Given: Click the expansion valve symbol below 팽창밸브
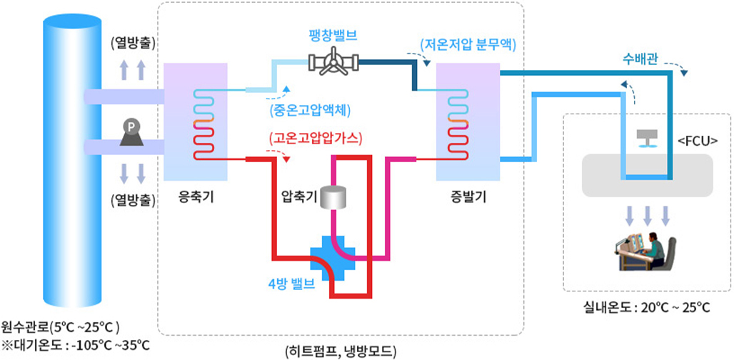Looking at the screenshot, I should (332, 64).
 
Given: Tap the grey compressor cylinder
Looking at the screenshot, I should (332, 198).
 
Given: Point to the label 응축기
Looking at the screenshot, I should (195, 196).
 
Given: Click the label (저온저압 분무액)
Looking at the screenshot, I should (468, 44).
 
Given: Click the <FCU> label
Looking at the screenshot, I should (697, 140).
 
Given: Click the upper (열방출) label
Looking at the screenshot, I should (133, 44).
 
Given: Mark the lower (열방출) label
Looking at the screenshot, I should (133, 199).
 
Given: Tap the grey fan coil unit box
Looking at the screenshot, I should (647, 175).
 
